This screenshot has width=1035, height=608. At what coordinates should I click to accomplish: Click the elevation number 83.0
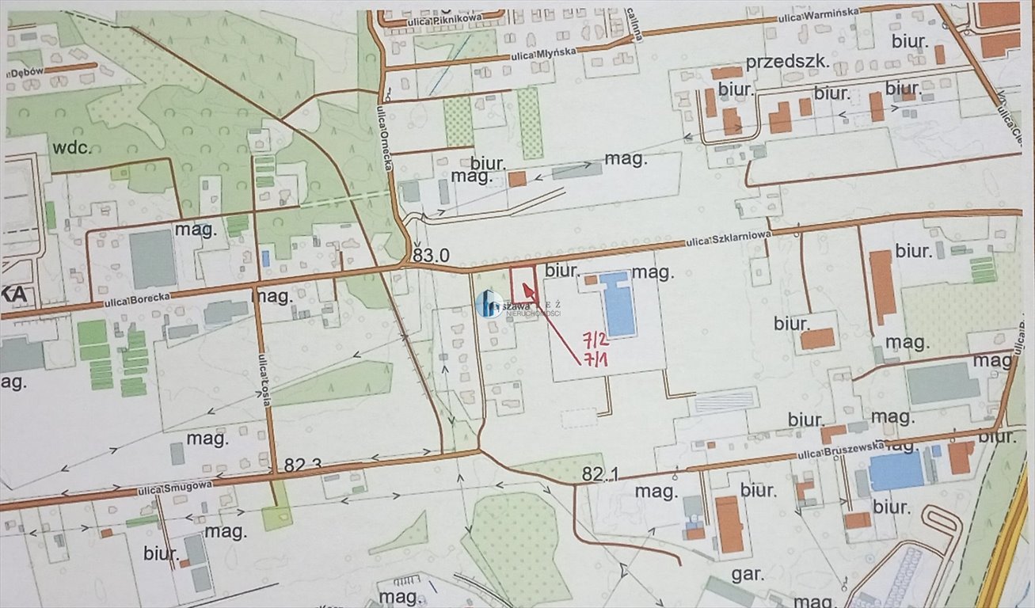pos(431,256)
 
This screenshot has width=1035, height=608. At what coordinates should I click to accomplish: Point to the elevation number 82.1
pos(599,474)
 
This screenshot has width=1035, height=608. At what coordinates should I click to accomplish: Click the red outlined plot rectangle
pos(523,284)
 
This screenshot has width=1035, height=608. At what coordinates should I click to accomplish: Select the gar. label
pos(747,575)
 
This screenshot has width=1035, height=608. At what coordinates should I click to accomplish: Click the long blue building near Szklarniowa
pos(618,302)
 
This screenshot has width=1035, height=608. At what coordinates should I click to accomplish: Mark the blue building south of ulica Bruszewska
pos(896,470)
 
